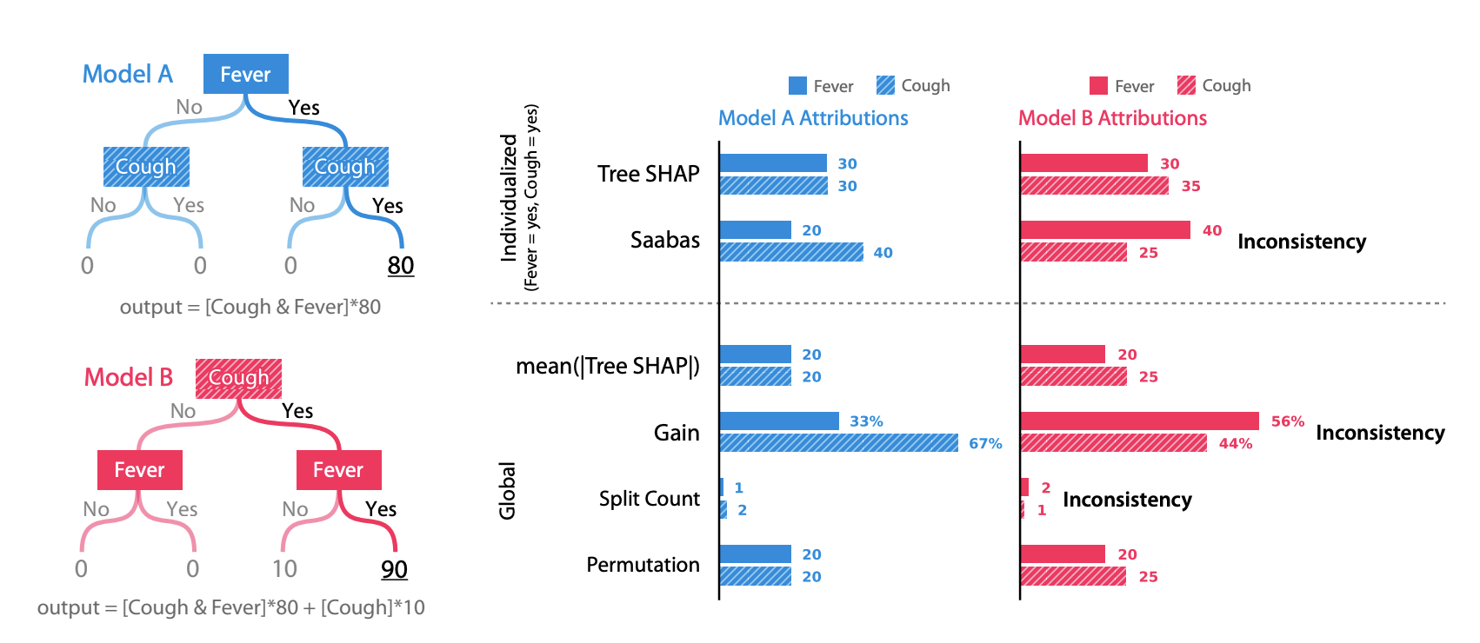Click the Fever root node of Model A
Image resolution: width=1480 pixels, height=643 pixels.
point(245,74)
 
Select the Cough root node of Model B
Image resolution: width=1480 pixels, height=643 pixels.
point(238,378)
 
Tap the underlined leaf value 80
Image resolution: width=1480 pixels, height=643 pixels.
point(400,265)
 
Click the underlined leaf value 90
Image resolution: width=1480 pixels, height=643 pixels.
point(394,569)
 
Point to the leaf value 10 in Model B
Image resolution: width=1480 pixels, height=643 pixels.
point(284,569)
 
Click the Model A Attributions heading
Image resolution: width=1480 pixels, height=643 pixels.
point(813,118)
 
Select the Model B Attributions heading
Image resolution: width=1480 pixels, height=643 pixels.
point(1112,118)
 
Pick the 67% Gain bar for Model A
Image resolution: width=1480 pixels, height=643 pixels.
point(838,443)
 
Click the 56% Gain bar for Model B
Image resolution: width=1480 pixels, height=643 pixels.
point(1139,421)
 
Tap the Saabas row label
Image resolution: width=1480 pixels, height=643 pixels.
point(664,240)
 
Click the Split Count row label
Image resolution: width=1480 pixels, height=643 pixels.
point(649,499)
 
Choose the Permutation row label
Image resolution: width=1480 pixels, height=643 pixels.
point(643,565)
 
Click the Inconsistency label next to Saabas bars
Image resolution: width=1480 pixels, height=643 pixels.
point(1301,242)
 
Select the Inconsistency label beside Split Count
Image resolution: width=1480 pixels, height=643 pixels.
point(1127,500)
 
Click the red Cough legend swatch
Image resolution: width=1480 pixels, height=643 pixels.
point(1186,85)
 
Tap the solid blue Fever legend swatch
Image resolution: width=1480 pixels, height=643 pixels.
point(797,85)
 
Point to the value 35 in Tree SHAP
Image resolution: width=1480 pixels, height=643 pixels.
point(1190,186)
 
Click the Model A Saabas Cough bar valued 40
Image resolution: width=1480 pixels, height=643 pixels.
point(791,252)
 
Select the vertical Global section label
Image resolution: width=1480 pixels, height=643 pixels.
point(507,491)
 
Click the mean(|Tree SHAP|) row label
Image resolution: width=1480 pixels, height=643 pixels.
point(607,366)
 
